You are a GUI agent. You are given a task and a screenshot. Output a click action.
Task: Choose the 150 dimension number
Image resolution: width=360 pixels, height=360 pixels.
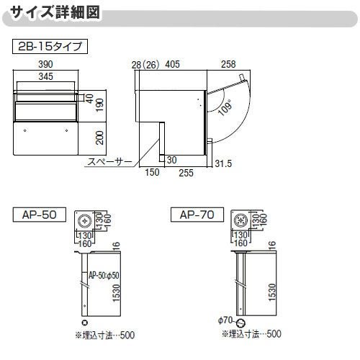153,174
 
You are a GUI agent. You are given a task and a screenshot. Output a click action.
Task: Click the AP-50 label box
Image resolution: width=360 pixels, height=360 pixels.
40,214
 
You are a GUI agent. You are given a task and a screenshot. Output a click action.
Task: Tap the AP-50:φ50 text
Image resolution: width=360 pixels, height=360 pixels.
104,274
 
